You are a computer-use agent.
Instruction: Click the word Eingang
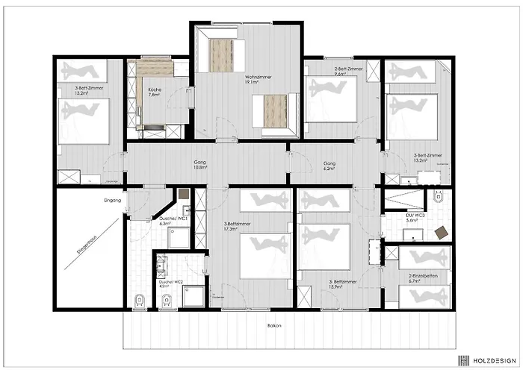click(113, 199)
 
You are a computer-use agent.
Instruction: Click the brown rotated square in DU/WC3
click(442, 232)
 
